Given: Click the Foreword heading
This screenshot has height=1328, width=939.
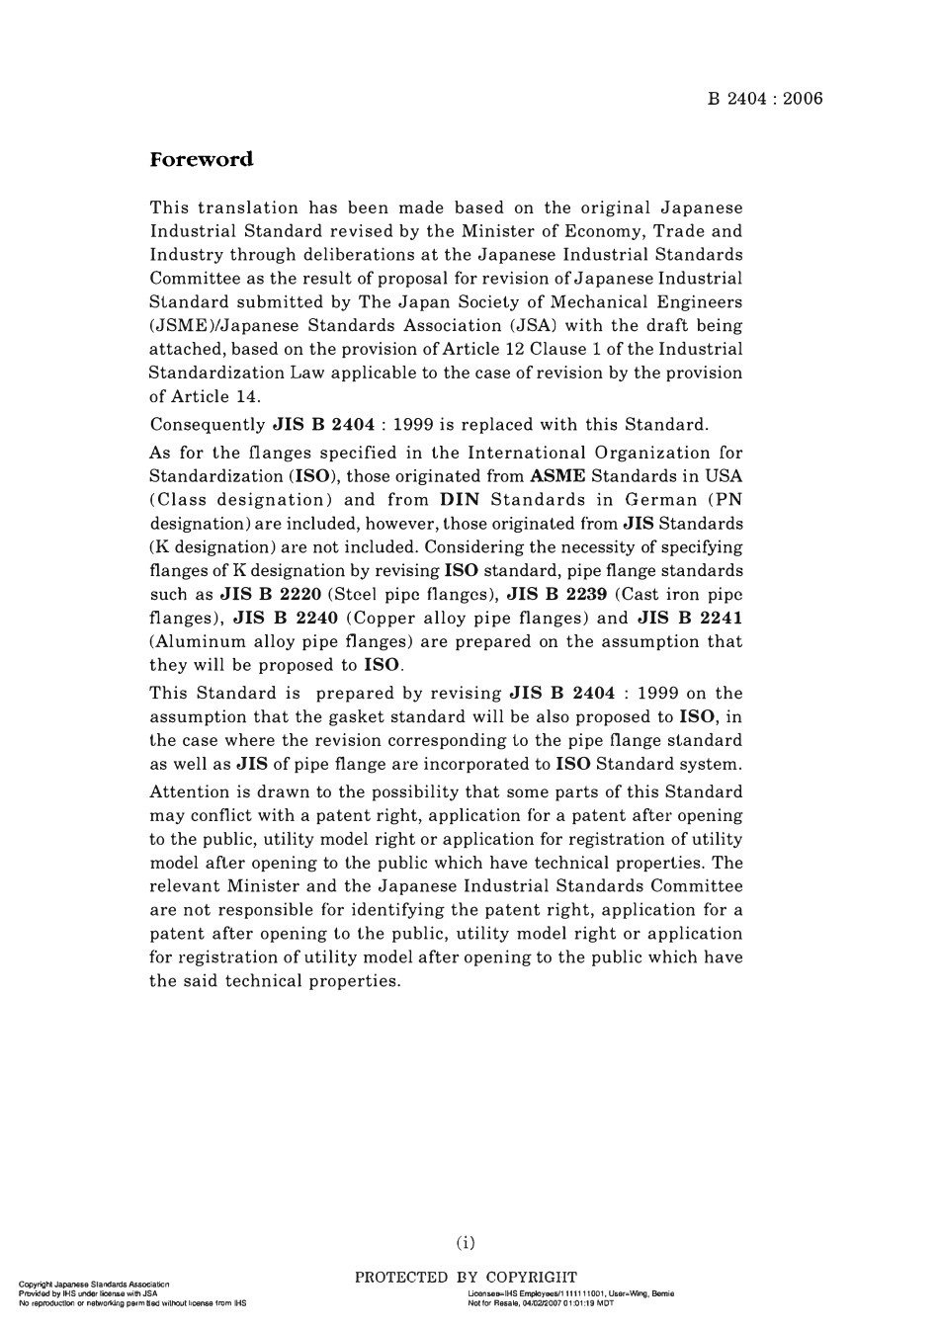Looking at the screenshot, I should coord(202,160).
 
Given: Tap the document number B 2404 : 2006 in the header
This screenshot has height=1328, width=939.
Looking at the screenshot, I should coord(765,98).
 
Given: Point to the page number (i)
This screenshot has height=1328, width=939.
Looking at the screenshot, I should coord(466,1242).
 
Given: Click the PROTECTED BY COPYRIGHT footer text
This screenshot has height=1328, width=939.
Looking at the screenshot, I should coord(466,1278).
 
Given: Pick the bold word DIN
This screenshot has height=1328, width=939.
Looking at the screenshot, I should coord(458,500).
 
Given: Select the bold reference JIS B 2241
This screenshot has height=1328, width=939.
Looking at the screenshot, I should coord(690,619).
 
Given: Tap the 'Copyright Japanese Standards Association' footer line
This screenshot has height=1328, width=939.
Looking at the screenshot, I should coord(94,1284).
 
